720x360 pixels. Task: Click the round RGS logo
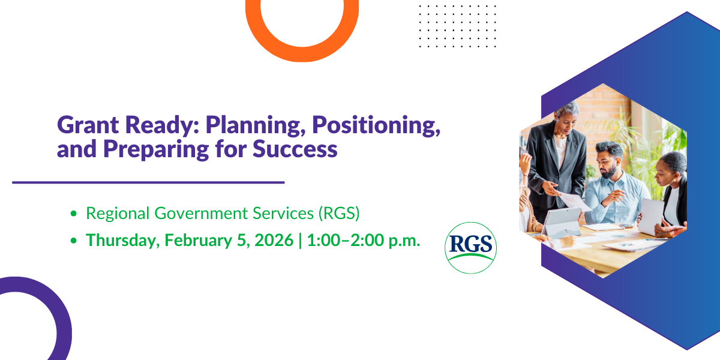[471, 248]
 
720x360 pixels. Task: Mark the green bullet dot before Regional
[74, 214]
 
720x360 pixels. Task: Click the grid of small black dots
[457, 26]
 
